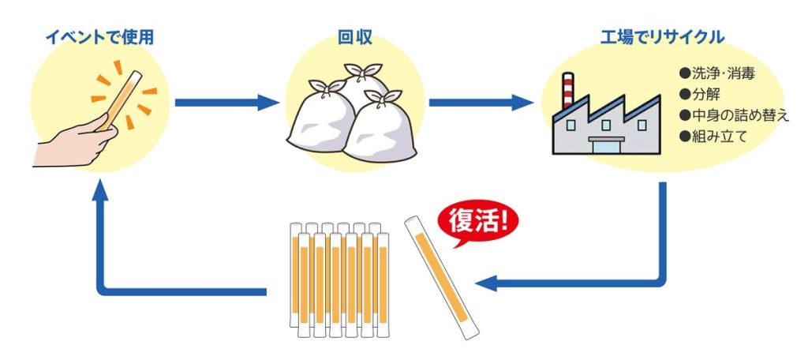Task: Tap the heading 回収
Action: click(352, 37)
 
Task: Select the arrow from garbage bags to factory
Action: click(481, 103)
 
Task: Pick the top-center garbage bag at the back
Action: click(364, 87)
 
